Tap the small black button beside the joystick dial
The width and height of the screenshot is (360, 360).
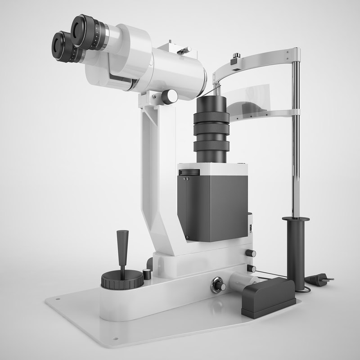pyautogui.click(x=146, y=273)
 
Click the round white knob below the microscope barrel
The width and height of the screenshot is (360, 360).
pyautogui.click(x=170, y=96)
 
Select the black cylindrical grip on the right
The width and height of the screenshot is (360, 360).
pyautogui.click(x=296, y=252)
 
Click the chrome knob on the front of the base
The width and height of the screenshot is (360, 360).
pyautogui.click(x=219, y=286)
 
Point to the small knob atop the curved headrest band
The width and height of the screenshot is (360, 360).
pyautogui.click(x=235, y=57)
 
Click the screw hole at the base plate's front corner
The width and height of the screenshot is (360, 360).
pyautogui.click(x=116, y=338)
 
